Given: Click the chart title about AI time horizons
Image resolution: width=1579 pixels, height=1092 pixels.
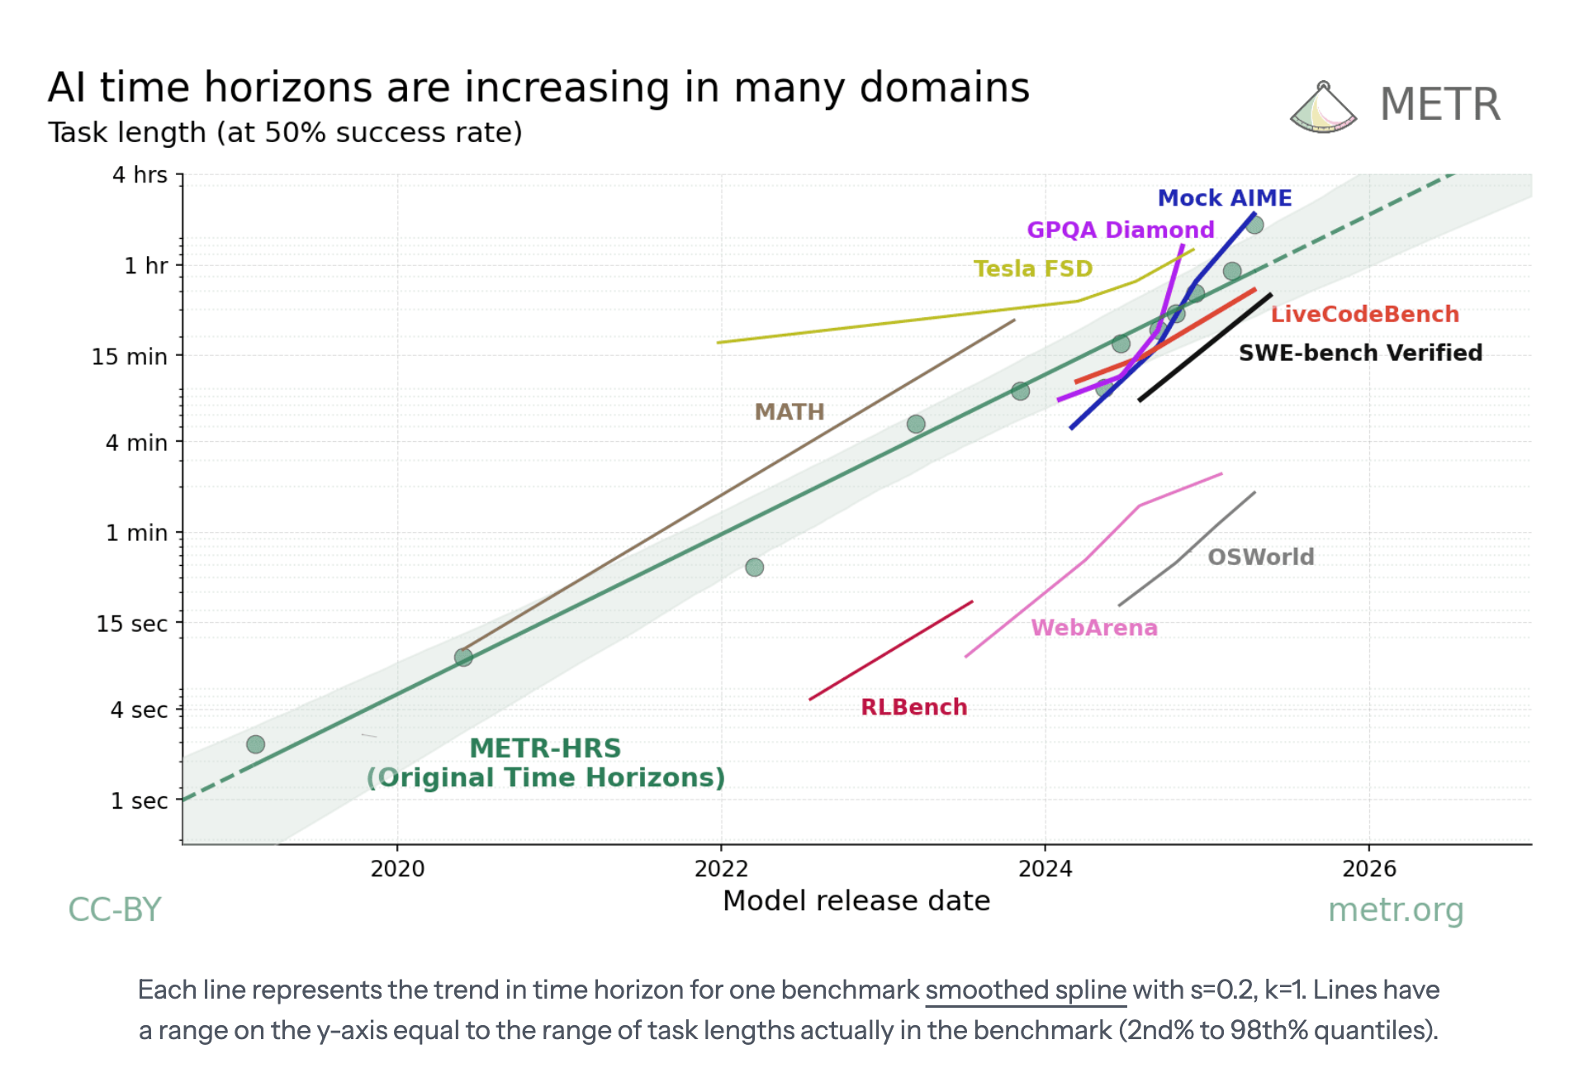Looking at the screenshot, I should [538, 88].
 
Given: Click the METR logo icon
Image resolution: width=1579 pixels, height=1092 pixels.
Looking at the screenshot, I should [1323, 107].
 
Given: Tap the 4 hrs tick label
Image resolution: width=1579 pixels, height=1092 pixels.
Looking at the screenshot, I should [140, 175].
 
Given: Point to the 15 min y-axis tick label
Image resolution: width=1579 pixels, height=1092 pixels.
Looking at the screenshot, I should [130, 357].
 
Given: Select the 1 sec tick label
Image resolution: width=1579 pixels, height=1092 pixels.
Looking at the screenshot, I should [140, 800].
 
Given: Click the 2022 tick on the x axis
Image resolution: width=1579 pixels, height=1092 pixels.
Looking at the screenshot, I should [721, 868].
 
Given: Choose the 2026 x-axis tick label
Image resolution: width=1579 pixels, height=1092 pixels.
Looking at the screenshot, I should [1368, 868].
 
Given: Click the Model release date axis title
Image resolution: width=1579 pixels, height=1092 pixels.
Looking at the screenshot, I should [856, 900].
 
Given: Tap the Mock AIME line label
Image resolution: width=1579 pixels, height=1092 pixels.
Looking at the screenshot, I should [1224, 198].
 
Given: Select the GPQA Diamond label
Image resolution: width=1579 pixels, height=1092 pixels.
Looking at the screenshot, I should [1120, 230].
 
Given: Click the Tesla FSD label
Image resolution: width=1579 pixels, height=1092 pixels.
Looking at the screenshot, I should [1032, 268].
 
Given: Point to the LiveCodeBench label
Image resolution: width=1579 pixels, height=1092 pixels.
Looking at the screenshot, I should [1364, 314].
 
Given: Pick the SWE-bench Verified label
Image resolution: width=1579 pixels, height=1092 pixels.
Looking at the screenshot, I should [1360, 353].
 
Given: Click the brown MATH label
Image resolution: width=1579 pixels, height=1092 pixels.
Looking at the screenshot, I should [789, 411].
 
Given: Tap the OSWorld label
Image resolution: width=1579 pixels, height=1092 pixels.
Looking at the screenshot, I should [1260, 557].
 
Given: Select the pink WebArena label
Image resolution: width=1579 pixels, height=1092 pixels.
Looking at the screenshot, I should [1094, 628].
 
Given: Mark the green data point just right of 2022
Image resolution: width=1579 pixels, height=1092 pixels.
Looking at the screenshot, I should [754, 567].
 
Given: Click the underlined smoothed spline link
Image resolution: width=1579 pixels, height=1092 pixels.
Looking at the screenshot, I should [1026, 990].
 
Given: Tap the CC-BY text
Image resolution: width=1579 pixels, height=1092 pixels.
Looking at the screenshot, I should [114, 909].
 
